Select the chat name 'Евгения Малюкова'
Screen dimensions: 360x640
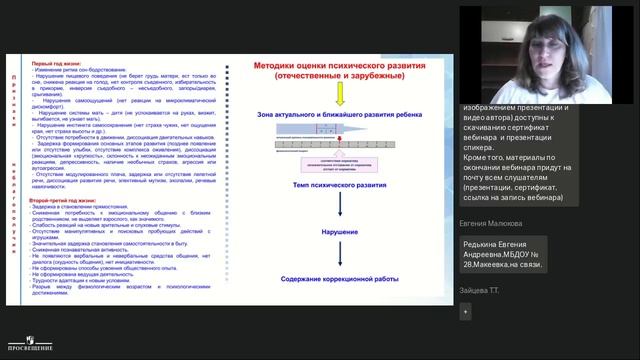pos(492,225)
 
